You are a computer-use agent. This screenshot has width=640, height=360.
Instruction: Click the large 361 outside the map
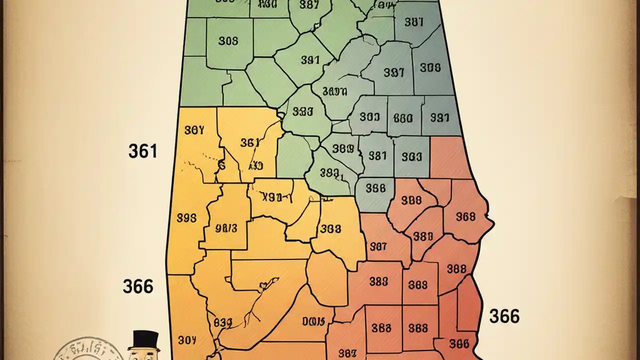(142, 150)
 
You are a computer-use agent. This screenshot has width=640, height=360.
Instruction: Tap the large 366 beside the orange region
(138, 286)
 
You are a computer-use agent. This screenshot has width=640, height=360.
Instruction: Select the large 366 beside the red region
(504, 316)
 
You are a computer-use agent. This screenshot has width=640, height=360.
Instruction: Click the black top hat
(143, 340)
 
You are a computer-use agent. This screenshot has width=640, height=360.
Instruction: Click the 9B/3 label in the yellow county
(225, 228)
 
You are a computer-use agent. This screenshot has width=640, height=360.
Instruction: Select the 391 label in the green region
(310, 60)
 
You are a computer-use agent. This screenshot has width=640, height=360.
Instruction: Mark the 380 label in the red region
(423, 236)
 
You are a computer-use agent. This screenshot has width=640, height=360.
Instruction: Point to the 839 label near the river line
(223, 322)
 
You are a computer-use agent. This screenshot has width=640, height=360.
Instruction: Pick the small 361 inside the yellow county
(249, 142)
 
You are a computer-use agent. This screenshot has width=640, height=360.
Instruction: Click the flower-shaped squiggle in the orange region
(261, 287)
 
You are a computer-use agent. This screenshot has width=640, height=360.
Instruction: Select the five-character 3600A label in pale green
(334, 91)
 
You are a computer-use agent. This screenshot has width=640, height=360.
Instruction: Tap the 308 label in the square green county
(228, 41)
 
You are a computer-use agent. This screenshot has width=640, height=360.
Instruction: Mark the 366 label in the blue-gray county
(375, 188)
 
